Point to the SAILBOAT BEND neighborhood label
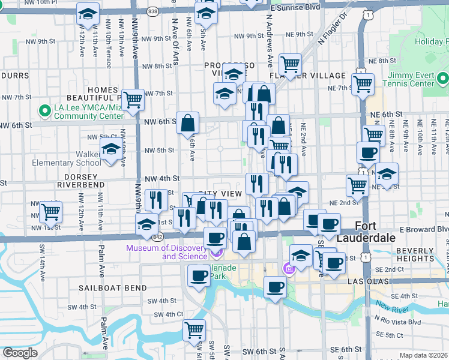[112, 288]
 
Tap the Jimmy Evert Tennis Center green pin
[442, 79]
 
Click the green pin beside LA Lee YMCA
[44, 111]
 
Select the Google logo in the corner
[20, 352]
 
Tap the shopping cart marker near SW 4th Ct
[194, 329]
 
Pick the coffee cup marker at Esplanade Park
[198, 275]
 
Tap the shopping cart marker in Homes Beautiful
[132, 98]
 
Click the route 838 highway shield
[153, 11]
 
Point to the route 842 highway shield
[158, 238]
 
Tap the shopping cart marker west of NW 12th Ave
[50, 211]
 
